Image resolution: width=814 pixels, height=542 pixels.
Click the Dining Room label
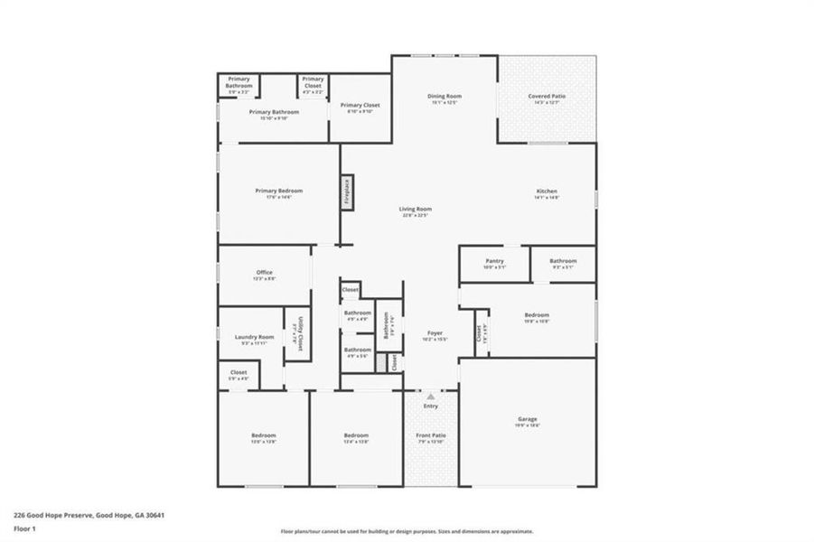coord(444,96)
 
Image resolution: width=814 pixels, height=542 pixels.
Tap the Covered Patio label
coord(547,96)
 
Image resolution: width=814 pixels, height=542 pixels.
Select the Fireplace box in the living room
coord(346,192)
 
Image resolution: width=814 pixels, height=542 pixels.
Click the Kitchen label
coord(547,192)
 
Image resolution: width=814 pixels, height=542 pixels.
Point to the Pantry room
coord(493,263)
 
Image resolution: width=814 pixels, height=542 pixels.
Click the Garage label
coord(528,419)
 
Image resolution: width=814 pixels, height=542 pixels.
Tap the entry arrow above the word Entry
coord(431,396)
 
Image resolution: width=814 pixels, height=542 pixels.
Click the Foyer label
coord(434,334)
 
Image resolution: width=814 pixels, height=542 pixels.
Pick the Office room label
coord(264,273)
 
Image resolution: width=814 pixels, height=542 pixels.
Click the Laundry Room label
coord(254,338)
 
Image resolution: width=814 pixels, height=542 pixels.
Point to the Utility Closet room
coord(294,334)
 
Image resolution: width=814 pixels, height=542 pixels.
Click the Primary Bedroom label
coord(278,192)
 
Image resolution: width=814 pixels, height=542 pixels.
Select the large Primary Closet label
coord(360,107)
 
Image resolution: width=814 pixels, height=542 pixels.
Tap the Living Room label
coord(416,210)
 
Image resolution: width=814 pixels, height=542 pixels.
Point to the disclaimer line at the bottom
coord(407,531)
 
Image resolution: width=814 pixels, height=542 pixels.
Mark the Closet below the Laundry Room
coord(239,373)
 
